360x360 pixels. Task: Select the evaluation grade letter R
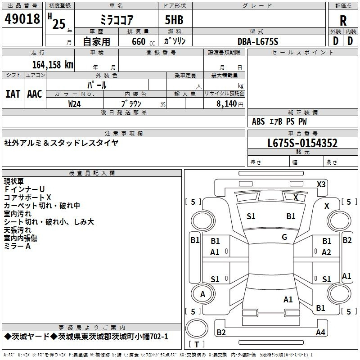pos(343,21)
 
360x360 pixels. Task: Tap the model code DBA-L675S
pos(258,41)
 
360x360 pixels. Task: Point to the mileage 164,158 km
pos(53,64)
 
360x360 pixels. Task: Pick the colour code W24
pos(75,103)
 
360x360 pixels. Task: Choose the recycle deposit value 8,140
pos(223,103)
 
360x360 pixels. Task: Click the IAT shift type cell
pos(13,94)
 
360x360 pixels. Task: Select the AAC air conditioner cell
pos(34,94)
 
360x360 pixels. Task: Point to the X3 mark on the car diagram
pos(321,184)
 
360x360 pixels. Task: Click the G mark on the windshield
pos(284,237)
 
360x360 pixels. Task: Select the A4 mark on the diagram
pos(320,333)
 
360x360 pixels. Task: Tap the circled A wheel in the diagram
pos(202,294)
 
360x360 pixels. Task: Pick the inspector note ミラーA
pos(17,246)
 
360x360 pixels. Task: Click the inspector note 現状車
pos(14,181)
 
